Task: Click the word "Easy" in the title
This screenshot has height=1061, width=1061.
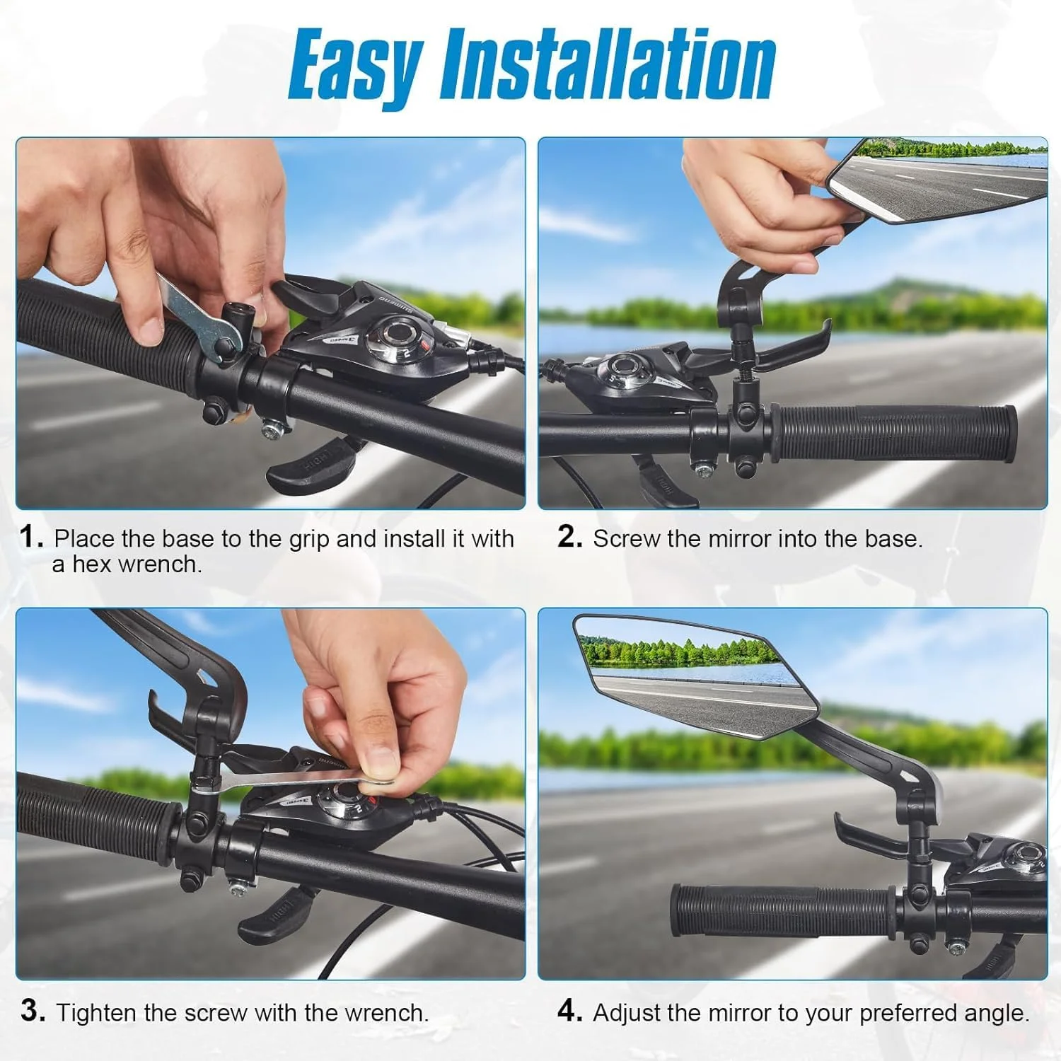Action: (356, 66)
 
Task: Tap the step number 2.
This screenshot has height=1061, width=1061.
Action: (569, 537)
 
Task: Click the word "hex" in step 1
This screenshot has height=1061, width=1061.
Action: (92, 564)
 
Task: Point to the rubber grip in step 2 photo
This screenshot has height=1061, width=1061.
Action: (895, 433)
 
